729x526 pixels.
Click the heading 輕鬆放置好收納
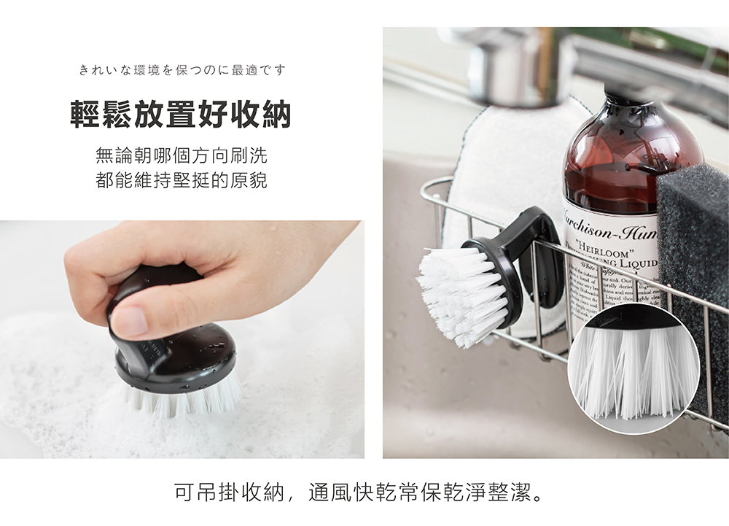tap(181, 115)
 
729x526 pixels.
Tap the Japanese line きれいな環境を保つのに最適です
tap(182, 70)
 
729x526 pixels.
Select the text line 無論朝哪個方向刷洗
tap(182, 155)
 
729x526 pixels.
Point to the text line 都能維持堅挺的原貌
tap(182, 180)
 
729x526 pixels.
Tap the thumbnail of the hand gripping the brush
tap(182, 339)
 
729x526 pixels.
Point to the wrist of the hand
tap(321, 248)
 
